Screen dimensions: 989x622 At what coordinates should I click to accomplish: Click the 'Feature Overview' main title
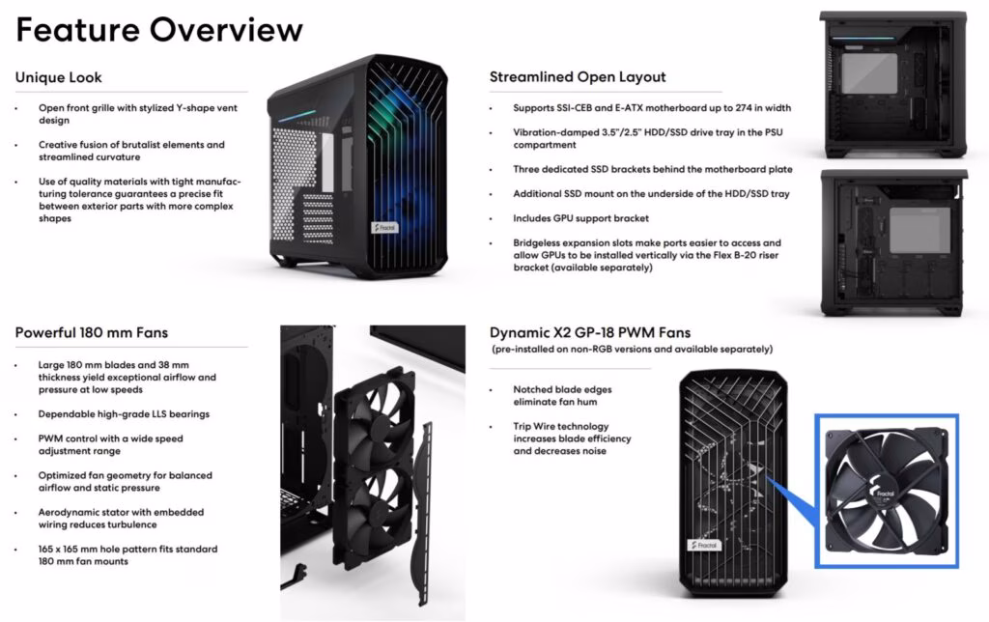[159, 30]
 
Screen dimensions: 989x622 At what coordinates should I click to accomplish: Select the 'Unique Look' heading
[59, 77]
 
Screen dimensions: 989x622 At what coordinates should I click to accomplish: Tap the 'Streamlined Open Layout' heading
[578, 77]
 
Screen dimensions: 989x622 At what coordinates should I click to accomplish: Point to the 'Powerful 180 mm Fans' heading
[92, 332]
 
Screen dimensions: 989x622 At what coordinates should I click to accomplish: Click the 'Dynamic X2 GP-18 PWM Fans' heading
[590, 332]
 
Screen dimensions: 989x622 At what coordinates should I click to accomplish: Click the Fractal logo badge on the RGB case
[385, 227]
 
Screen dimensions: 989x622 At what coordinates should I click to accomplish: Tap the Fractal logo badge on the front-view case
[704, 545]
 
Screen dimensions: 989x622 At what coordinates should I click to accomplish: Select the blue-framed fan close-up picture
[887, 491]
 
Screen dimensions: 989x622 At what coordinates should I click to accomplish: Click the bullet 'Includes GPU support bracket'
[580, 218]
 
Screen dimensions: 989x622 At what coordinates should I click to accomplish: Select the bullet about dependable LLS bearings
[124, 413]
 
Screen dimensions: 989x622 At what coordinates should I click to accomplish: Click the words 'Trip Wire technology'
[561, 427]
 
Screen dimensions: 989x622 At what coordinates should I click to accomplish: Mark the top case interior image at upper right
[893, 85]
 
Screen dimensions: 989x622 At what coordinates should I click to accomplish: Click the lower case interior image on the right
[893, 242]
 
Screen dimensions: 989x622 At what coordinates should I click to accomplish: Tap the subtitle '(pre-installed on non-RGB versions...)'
[632, 349]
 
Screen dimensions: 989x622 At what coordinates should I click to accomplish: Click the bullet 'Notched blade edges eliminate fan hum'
[562, 396]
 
